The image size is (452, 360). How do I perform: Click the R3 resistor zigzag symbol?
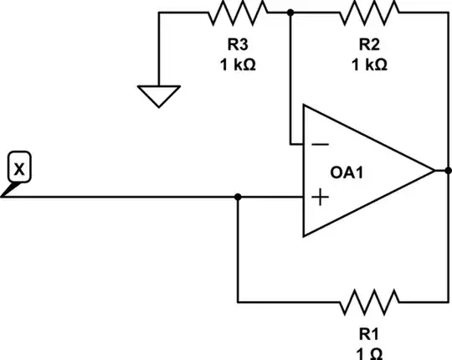point(238,13)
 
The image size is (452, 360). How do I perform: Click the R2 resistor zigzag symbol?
point(368,13)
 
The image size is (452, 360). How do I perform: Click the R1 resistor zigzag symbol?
point(368,300)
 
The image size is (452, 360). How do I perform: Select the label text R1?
point(368,333)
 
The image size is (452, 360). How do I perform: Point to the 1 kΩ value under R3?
point(238,65)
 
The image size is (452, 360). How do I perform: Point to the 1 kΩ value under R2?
point(368,65)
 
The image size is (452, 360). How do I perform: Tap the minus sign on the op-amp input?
point(319,143)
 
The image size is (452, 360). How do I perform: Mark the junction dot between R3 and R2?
point(290,13)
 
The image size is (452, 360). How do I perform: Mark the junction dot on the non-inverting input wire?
point(239,197)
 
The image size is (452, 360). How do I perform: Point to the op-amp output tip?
point(434,171)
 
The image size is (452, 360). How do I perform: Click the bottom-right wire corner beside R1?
point(439,300)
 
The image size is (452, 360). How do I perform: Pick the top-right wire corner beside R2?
point(439,13)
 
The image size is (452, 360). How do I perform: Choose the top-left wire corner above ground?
point(157,13)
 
